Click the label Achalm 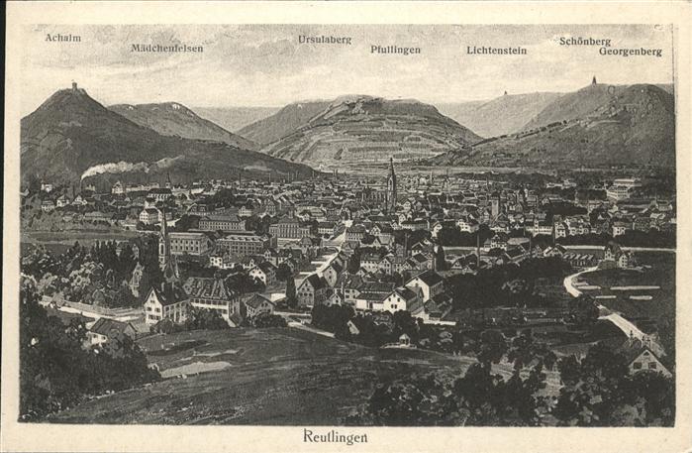[62, 38]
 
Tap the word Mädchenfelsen [166, 48]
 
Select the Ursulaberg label [325, 40]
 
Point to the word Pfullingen [395, 50]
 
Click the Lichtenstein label [496, 50]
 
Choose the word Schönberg [584, 42]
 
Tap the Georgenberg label [630, 52]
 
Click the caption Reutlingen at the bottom [335, 436]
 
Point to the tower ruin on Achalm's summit [73, 87]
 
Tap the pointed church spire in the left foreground [163, 238]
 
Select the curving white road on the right [594, 302]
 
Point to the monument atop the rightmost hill [594, 82]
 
